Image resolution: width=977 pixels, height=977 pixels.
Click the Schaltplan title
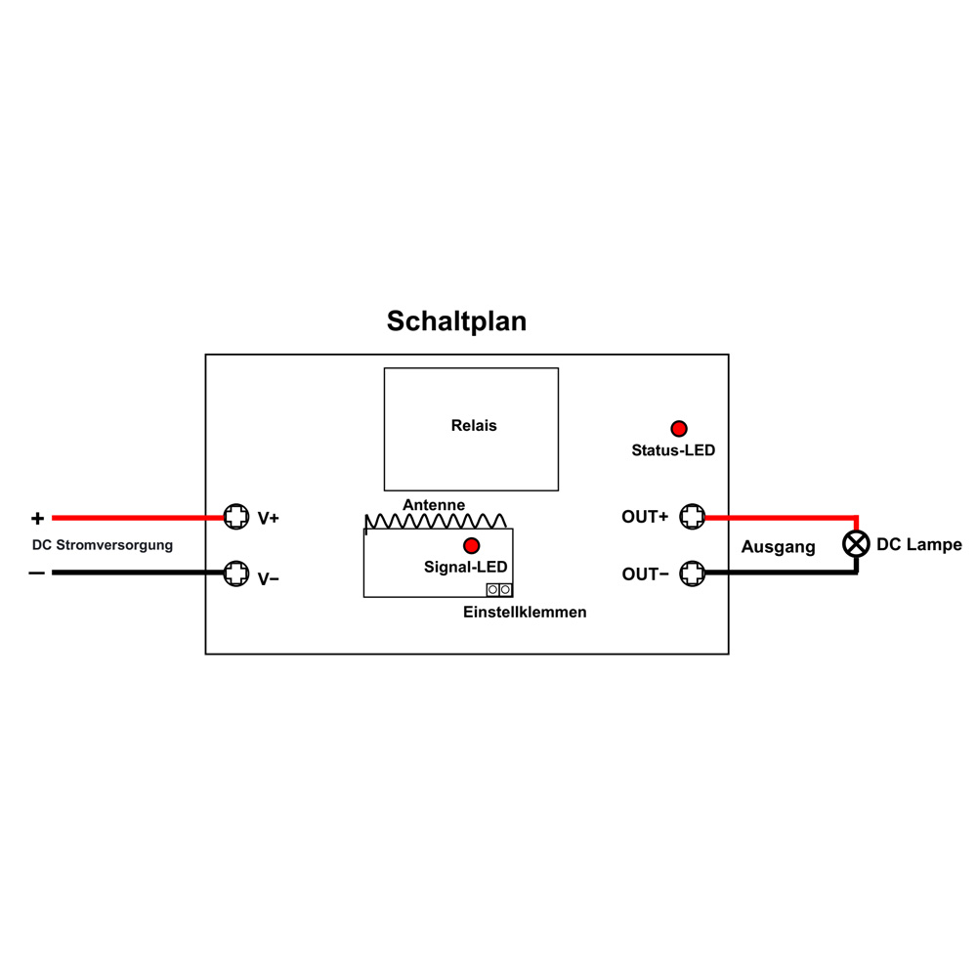tap(456, 321)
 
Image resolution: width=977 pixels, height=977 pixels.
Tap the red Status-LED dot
tap(679, 429)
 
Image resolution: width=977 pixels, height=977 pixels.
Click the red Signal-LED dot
tap(472, 546)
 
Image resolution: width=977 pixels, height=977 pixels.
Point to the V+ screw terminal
tap(236, 517)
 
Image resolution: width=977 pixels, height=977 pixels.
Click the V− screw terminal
tap(236, 573)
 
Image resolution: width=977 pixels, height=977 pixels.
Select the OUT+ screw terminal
tap(693, 516)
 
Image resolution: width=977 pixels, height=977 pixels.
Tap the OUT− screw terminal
tap(693, 573)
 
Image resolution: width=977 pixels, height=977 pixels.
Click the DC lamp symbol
tap(856, 544)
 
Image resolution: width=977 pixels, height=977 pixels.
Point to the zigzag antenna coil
tap(436, 522)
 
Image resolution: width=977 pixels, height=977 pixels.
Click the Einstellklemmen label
tap(525, 612)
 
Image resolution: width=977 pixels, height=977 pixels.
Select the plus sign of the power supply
tap(37, 518)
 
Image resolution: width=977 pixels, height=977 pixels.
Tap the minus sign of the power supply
tap(37, 573)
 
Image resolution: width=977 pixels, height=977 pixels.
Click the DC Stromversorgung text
tap(103, 545)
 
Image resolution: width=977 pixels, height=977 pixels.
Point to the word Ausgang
tap(779, 547)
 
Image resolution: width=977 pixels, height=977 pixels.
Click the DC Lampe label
tap(919, 544)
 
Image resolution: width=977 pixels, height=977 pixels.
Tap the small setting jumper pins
tap(499, 589)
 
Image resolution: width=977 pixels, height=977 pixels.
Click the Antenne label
tap(434, 505)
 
